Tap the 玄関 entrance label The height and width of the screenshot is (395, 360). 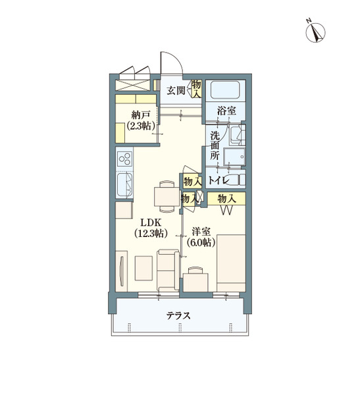click(175, 91)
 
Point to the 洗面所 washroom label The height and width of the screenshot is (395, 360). click(215, 146)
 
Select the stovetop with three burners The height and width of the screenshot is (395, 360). click(124, 159)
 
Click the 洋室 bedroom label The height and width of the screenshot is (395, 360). click(201, 231)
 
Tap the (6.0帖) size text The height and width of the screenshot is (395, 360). click(201, 242)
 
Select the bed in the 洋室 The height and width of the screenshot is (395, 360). click(230, 261)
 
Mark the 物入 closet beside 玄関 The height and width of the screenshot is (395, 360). click(196, 88)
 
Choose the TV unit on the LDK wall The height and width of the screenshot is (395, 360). click(122, 271)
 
